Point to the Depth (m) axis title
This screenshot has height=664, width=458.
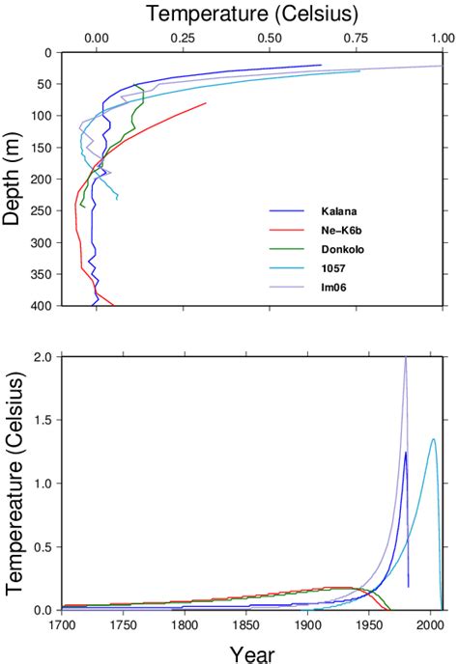[13, 180]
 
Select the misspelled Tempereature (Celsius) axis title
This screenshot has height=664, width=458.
[14, 483]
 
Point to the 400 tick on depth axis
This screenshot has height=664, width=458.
[43, 306]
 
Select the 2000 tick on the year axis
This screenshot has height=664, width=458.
[431, 625]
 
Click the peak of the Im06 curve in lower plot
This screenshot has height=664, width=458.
[406, 358]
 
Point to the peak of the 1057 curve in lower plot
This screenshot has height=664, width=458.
[433, 439]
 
